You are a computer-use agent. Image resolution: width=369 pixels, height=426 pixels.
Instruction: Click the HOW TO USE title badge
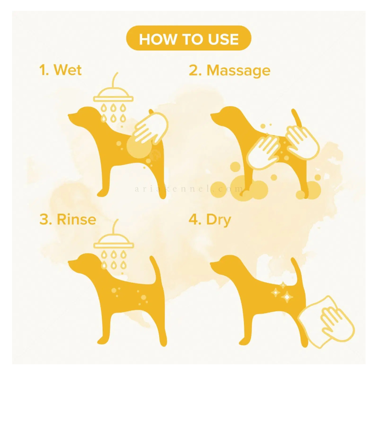pos(189,38)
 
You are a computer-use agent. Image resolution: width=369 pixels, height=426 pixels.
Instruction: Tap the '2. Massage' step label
pos(229,71)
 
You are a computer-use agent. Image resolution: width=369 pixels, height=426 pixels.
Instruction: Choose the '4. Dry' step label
pos(210,220)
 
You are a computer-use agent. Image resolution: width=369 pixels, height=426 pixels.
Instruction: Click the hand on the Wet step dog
pos(151,128)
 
